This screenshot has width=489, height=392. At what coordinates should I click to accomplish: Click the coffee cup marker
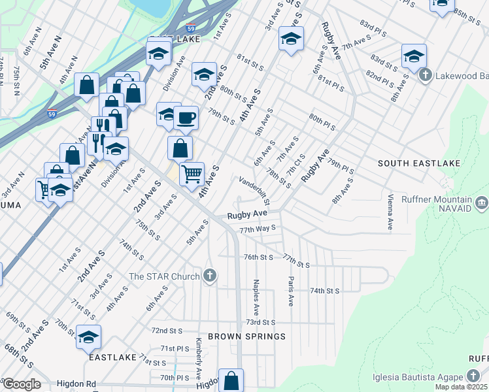tap(186, 118)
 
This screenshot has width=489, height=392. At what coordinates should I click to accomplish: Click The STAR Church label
tap(164, 276)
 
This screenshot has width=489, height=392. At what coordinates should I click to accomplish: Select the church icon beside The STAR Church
tap(209, 275)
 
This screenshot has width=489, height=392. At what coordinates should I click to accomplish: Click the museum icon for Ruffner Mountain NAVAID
tap(482, 204)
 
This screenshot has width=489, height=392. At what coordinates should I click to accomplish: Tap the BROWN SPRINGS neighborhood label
tap(247, 336)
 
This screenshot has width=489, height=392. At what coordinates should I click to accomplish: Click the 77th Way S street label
tap(258, 229)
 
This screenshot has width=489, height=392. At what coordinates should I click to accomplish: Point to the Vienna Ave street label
tap(390, 211)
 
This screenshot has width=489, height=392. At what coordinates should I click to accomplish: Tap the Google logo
tap(21, 384)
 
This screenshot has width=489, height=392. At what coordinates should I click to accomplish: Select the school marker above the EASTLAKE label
tap(88, 337)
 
